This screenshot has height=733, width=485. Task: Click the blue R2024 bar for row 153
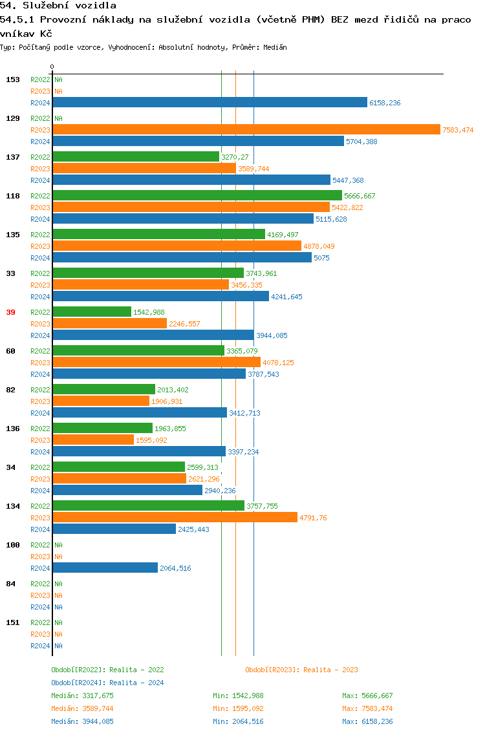click(x=210, y=102)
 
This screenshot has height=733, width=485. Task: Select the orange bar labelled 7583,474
click(x=246, y=129)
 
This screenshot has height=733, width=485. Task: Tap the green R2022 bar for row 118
click(x=197, y=195)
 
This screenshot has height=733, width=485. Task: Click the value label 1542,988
click(x=149, y=312)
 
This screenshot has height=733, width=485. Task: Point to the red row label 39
click(x=10, y=312)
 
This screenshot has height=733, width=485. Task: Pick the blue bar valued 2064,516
click(x=105, y=568)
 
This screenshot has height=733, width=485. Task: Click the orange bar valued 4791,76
click(x=175, y=517)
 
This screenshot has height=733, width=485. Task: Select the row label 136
click(x=13, y=429)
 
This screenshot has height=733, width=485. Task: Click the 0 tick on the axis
click(x=52, y=67)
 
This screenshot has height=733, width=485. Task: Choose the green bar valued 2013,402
click(x=103, y=389)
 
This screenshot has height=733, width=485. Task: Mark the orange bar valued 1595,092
click(x=93, y=440)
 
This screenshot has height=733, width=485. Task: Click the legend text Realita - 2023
click(x=330, y=670)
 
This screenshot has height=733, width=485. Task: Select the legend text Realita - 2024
click(x=136, y=683)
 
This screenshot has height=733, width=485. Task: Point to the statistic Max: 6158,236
click(x=367, y=721)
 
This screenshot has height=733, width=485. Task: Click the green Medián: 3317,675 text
click(x=82, y=696)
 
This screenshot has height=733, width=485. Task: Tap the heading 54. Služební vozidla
click(x=58, y=6)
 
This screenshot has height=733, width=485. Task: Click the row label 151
click(x=13, y=622)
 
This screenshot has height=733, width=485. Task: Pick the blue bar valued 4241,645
click(x=160, y=296)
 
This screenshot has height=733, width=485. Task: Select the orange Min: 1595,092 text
click(x=238, y=708)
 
